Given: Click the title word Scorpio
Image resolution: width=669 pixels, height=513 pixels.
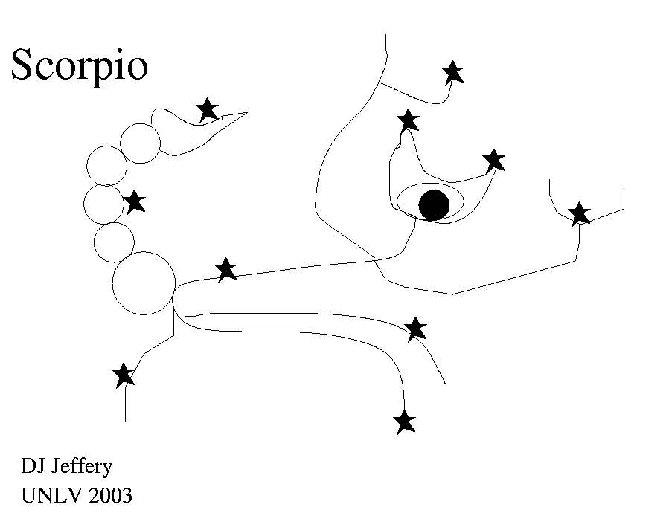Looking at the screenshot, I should coord(79,65).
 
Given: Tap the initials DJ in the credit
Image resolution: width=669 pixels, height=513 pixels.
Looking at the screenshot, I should coord(34,466).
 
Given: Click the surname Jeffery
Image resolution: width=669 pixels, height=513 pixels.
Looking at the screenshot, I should coord(83,468).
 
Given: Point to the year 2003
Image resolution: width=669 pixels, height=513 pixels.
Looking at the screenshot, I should coord(110,495).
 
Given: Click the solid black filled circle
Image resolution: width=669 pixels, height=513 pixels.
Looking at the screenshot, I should coord(434,204).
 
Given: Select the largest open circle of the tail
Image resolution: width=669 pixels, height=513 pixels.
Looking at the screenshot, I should coord(144,283).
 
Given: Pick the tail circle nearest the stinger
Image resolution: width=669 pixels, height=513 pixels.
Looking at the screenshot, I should coord(140,143).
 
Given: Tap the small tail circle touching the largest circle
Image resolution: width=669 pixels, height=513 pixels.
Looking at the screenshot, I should coord(115,242).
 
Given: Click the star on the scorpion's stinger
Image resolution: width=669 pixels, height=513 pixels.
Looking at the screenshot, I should coord(208,110).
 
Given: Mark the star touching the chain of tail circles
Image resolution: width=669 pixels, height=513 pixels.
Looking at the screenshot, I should coord(134,201).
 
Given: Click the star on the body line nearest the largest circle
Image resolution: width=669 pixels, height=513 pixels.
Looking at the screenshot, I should coord(225,269).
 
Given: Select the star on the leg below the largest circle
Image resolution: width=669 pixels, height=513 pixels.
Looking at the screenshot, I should coord(124,375).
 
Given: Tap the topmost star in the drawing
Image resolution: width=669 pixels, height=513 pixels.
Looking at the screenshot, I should coord(452,72).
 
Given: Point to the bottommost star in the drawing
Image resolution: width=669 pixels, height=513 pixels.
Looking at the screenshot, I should coord(404,422).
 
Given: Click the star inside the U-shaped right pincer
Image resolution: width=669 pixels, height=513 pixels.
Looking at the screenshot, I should coord(579,213).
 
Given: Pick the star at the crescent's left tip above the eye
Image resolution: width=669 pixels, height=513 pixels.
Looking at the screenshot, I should coord(408,120).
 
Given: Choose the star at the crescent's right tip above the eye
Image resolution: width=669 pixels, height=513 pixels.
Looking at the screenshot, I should coord(493,160).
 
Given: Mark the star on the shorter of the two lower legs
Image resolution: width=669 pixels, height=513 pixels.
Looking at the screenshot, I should coord(415,328).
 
